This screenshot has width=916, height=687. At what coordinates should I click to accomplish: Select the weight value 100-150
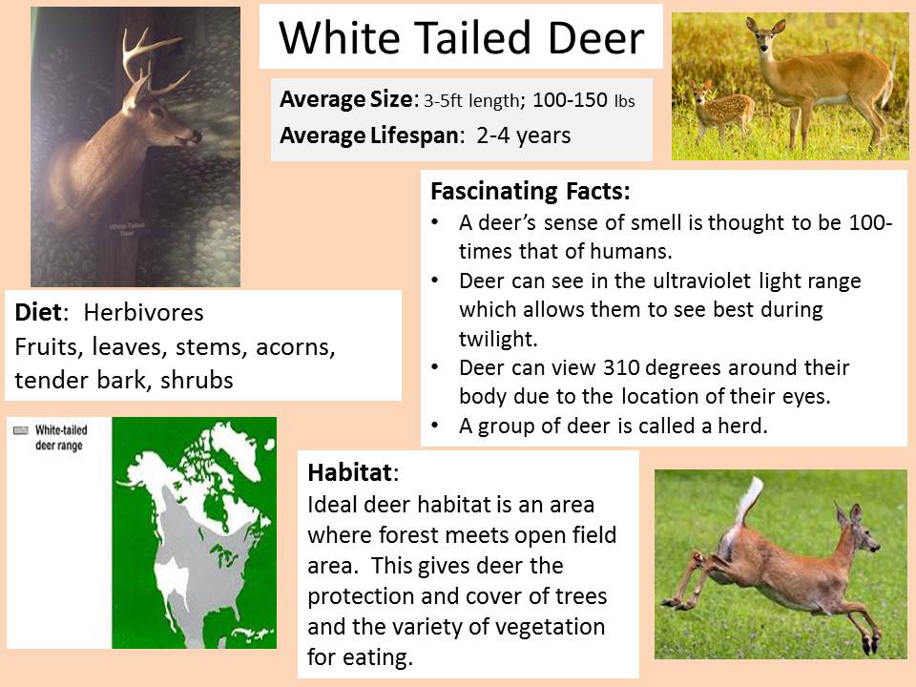point(571,100)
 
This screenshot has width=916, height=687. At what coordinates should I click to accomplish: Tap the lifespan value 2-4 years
point(524,135)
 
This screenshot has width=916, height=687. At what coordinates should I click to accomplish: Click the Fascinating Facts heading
point(531,191)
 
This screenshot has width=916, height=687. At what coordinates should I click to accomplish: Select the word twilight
point(498,339)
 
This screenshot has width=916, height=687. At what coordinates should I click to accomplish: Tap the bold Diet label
point(38,313)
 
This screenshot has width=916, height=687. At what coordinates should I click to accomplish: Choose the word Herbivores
point(144,313)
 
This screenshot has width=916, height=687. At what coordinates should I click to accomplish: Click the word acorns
point(296,347)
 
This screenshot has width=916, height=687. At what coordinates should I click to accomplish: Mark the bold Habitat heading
point(350,472)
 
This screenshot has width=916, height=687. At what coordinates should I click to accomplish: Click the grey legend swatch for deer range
point(20,430)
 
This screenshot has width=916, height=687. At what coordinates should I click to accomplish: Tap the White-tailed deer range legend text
point(61,438)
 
